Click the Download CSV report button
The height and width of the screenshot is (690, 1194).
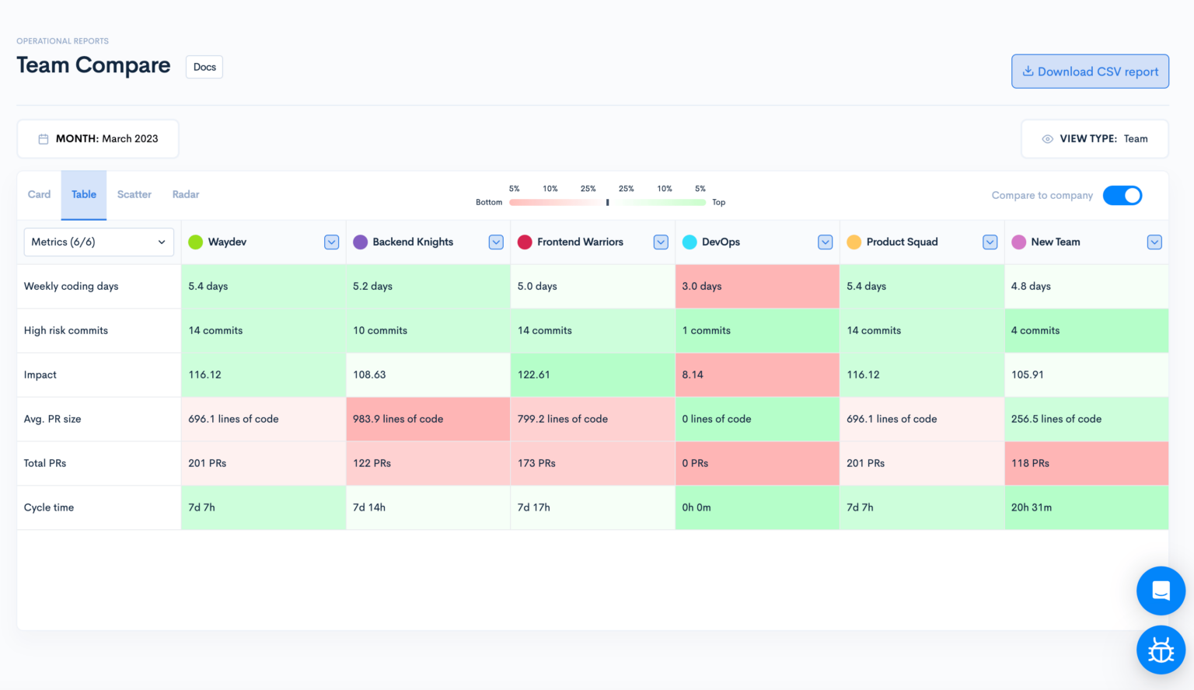[x=1090, y=71]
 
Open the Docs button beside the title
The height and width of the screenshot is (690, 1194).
[x=204, y=67]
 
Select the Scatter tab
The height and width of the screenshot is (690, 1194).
[x=134, y=194]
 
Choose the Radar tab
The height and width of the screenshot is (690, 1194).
[x=186, y=194]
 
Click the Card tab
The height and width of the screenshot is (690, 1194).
[x=39, y=194]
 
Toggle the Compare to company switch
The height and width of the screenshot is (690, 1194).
[x=1122, y=195]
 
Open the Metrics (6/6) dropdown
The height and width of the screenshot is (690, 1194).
[x=99, y=242]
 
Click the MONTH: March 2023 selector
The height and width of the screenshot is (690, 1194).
[x=98, y=139]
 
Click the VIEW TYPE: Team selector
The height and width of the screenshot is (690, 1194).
[x=1094, y=139]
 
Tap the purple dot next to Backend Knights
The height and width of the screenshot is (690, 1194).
[x=360, y=242]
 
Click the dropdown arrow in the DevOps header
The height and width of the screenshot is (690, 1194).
[x=825, y=242]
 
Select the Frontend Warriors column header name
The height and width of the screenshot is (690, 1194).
[x=580, y=242]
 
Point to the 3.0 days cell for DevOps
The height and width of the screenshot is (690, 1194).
[x=702, y=286]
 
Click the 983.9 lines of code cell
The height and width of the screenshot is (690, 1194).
[x=398, y=419]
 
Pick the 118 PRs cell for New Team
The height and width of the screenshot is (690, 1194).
[x=1030, y=463]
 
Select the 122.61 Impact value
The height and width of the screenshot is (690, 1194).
[x=534, y=375]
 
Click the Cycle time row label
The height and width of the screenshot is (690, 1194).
[x=49, y=507]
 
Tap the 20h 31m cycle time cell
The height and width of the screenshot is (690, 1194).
[x=1032, y=507]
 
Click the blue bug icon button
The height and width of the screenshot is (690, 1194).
[x=1161, y=650]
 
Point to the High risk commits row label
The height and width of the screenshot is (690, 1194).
[x=66, y=330]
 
